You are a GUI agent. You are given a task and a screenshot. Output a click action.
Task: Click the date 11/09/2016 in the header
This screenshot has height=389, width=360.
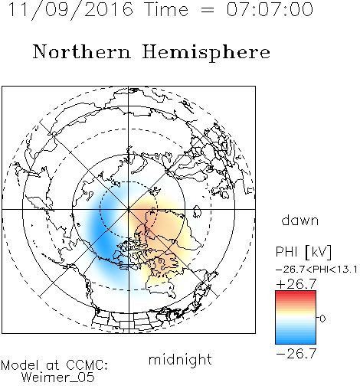click(x=70, y=10)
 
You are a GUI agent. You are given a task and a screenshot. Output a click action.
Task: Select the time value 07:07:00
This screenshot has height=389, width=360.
click(x=270, y=9)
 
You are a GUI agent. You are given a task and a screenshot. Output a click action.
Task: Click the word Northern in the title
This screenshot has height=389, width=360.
click(x=82, y=52)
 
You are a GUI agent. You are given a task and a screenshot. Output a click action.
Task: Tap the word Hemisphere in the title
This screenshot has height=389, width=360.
click(x=206, y=53)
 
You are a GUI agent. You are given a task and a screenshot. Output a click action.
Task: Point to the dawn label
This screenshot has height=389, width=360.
click(x=300, y=220)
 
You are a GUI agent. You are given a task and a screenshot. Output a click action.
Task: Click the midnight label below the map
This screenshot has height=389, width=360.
click(x=180, y=359)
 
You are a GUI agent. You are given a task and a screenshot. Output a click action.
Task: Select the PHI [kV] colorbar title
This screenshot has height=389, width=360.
click(x=303, y=252)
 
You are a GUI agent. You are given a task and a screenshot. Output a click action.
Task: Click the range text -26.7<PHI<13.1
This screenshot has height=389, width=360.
click(x=316, y=270)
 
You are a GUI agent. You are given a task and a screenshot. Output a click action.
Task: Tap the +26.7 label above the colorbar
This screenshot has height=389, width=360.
click(x=296, y=284)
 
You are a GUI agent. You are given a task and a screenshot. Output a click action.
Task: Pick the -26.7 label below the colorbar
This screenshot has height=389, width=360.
click(x=296, y=354)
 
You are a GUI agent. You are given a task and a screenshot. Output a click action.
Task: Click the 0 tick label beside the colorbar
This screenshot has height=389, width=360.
click(x=322, y=319)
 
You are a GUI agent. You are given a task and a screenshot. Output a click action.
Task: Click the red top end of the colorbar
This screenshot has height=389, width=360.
click(x=296, y=293)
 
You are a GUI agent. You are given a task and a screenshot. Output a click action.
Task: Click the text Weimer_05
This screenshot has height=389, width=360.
click(x=58, y=377)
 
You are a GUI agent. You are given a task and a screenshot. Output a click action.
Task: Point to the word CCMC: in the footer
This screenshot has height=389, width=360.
click(x=87, y=365)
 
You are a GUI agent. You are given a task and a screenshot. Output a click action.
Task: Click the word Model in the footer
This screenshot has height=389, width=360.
click(x=20, y=365)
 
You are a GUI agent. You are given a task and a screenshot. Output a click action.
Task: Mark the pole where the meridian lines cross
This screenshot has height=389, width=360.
click(x=129, y=209)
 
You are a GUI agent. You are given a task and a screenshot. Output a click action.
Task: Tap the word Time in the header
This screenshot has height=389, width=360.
click(x=166, y=9)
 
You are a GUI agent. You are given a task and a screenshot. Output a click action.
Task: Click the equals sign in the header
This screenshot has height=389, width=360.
click(x=207, y=11)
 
